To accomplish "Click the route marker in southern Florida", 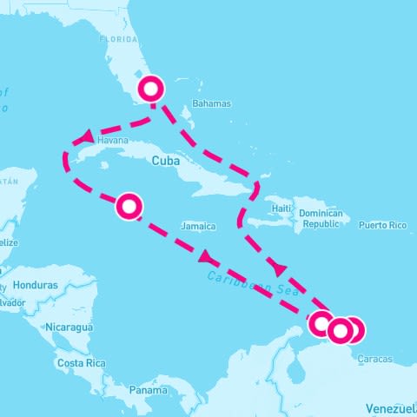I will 152,89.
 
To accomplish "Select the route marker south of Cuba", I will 129,206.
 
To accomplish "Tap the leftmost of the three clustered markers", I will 322,324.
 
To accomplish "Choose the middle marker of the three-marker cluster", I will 340,330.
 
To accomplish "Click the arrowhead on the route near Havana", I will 87,136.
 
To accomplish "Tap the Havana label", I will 113,140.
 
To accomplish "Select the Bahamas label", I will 212,103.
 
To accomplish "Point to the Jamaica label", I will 198,227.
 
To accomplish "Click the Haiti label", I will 281,209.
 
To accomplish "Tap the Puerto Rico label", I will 382,226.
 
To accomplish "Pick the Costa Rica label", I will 81,362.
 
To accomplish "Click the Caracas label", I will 374,359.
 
